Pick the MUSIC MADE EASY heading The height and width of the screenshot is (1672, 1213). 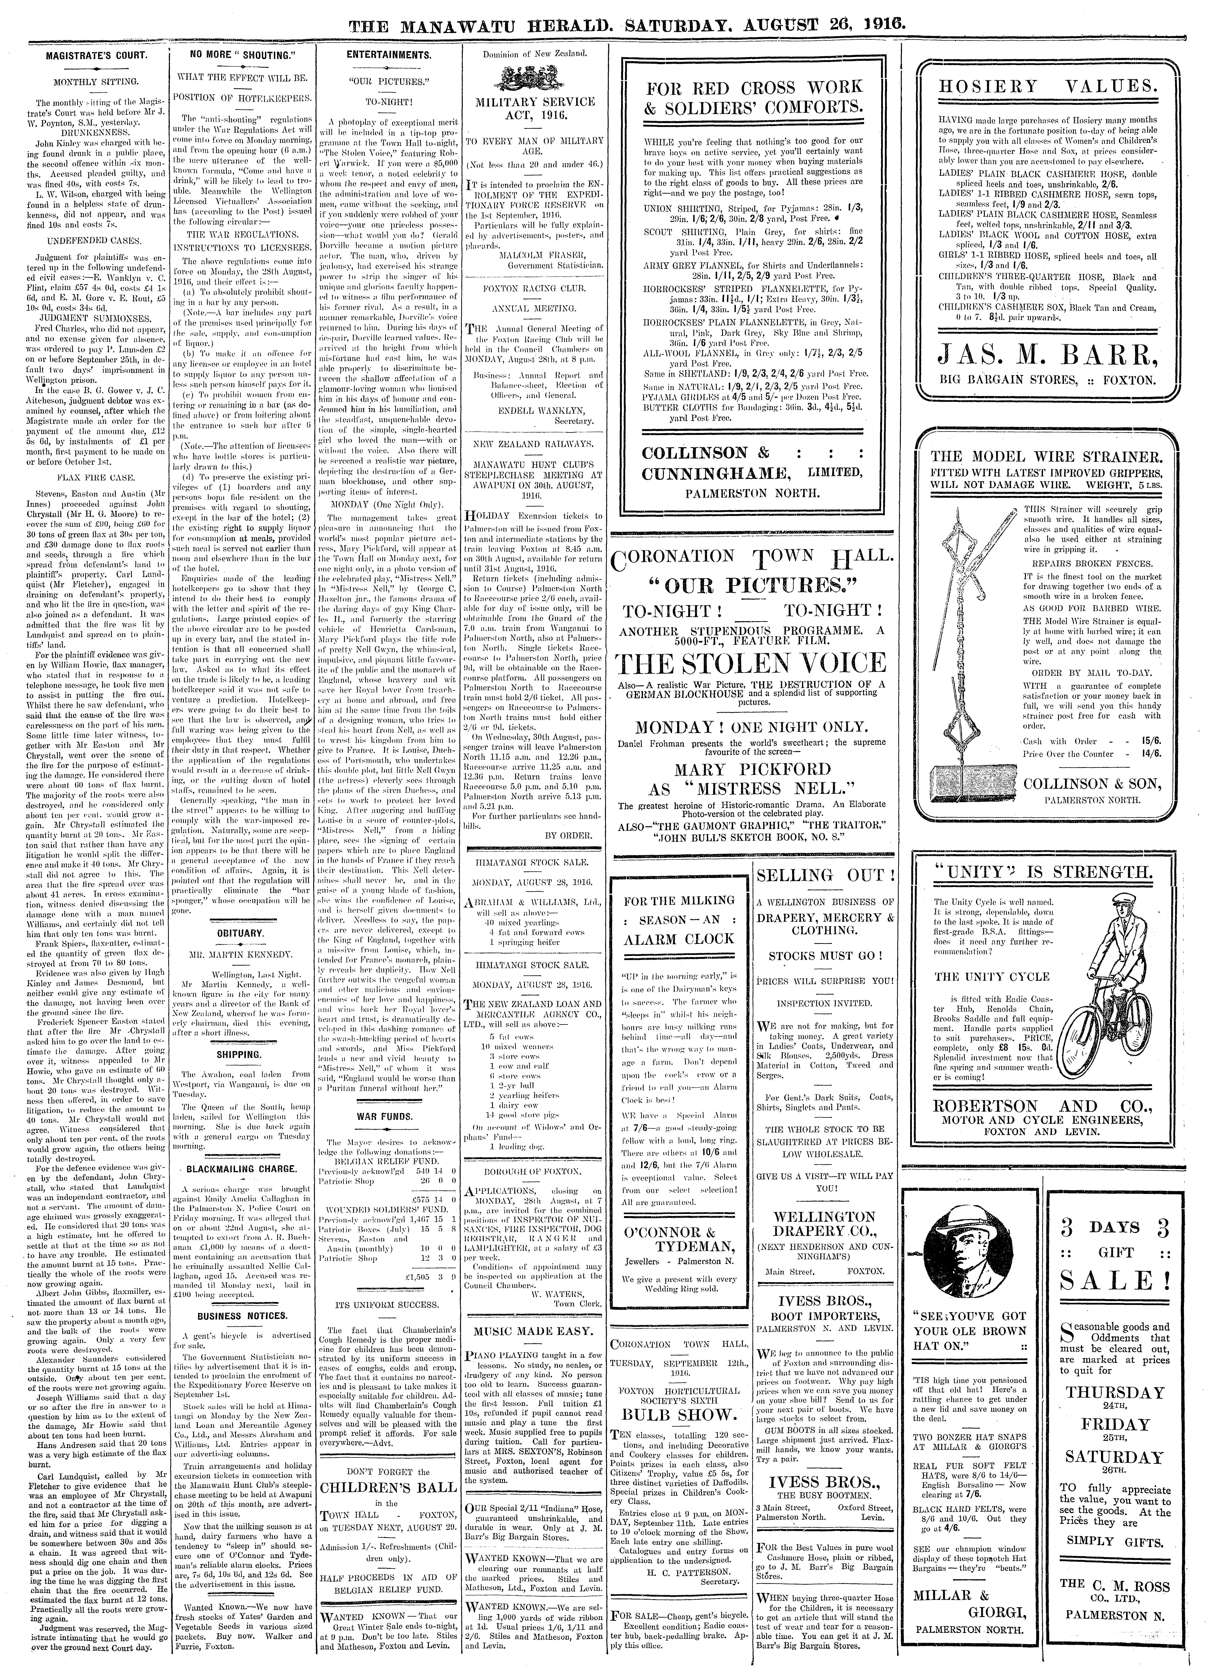coord(533,1331)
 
